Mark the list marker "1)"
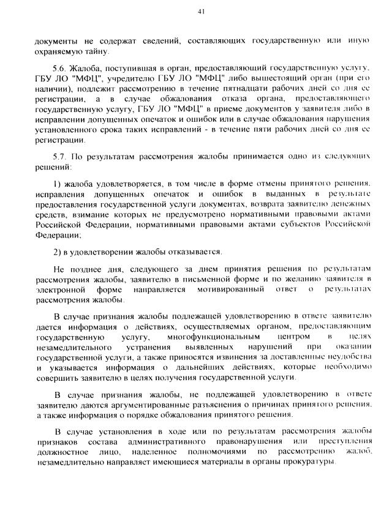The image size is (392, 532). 58,183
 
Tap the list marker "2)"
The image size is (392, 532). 58,252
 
